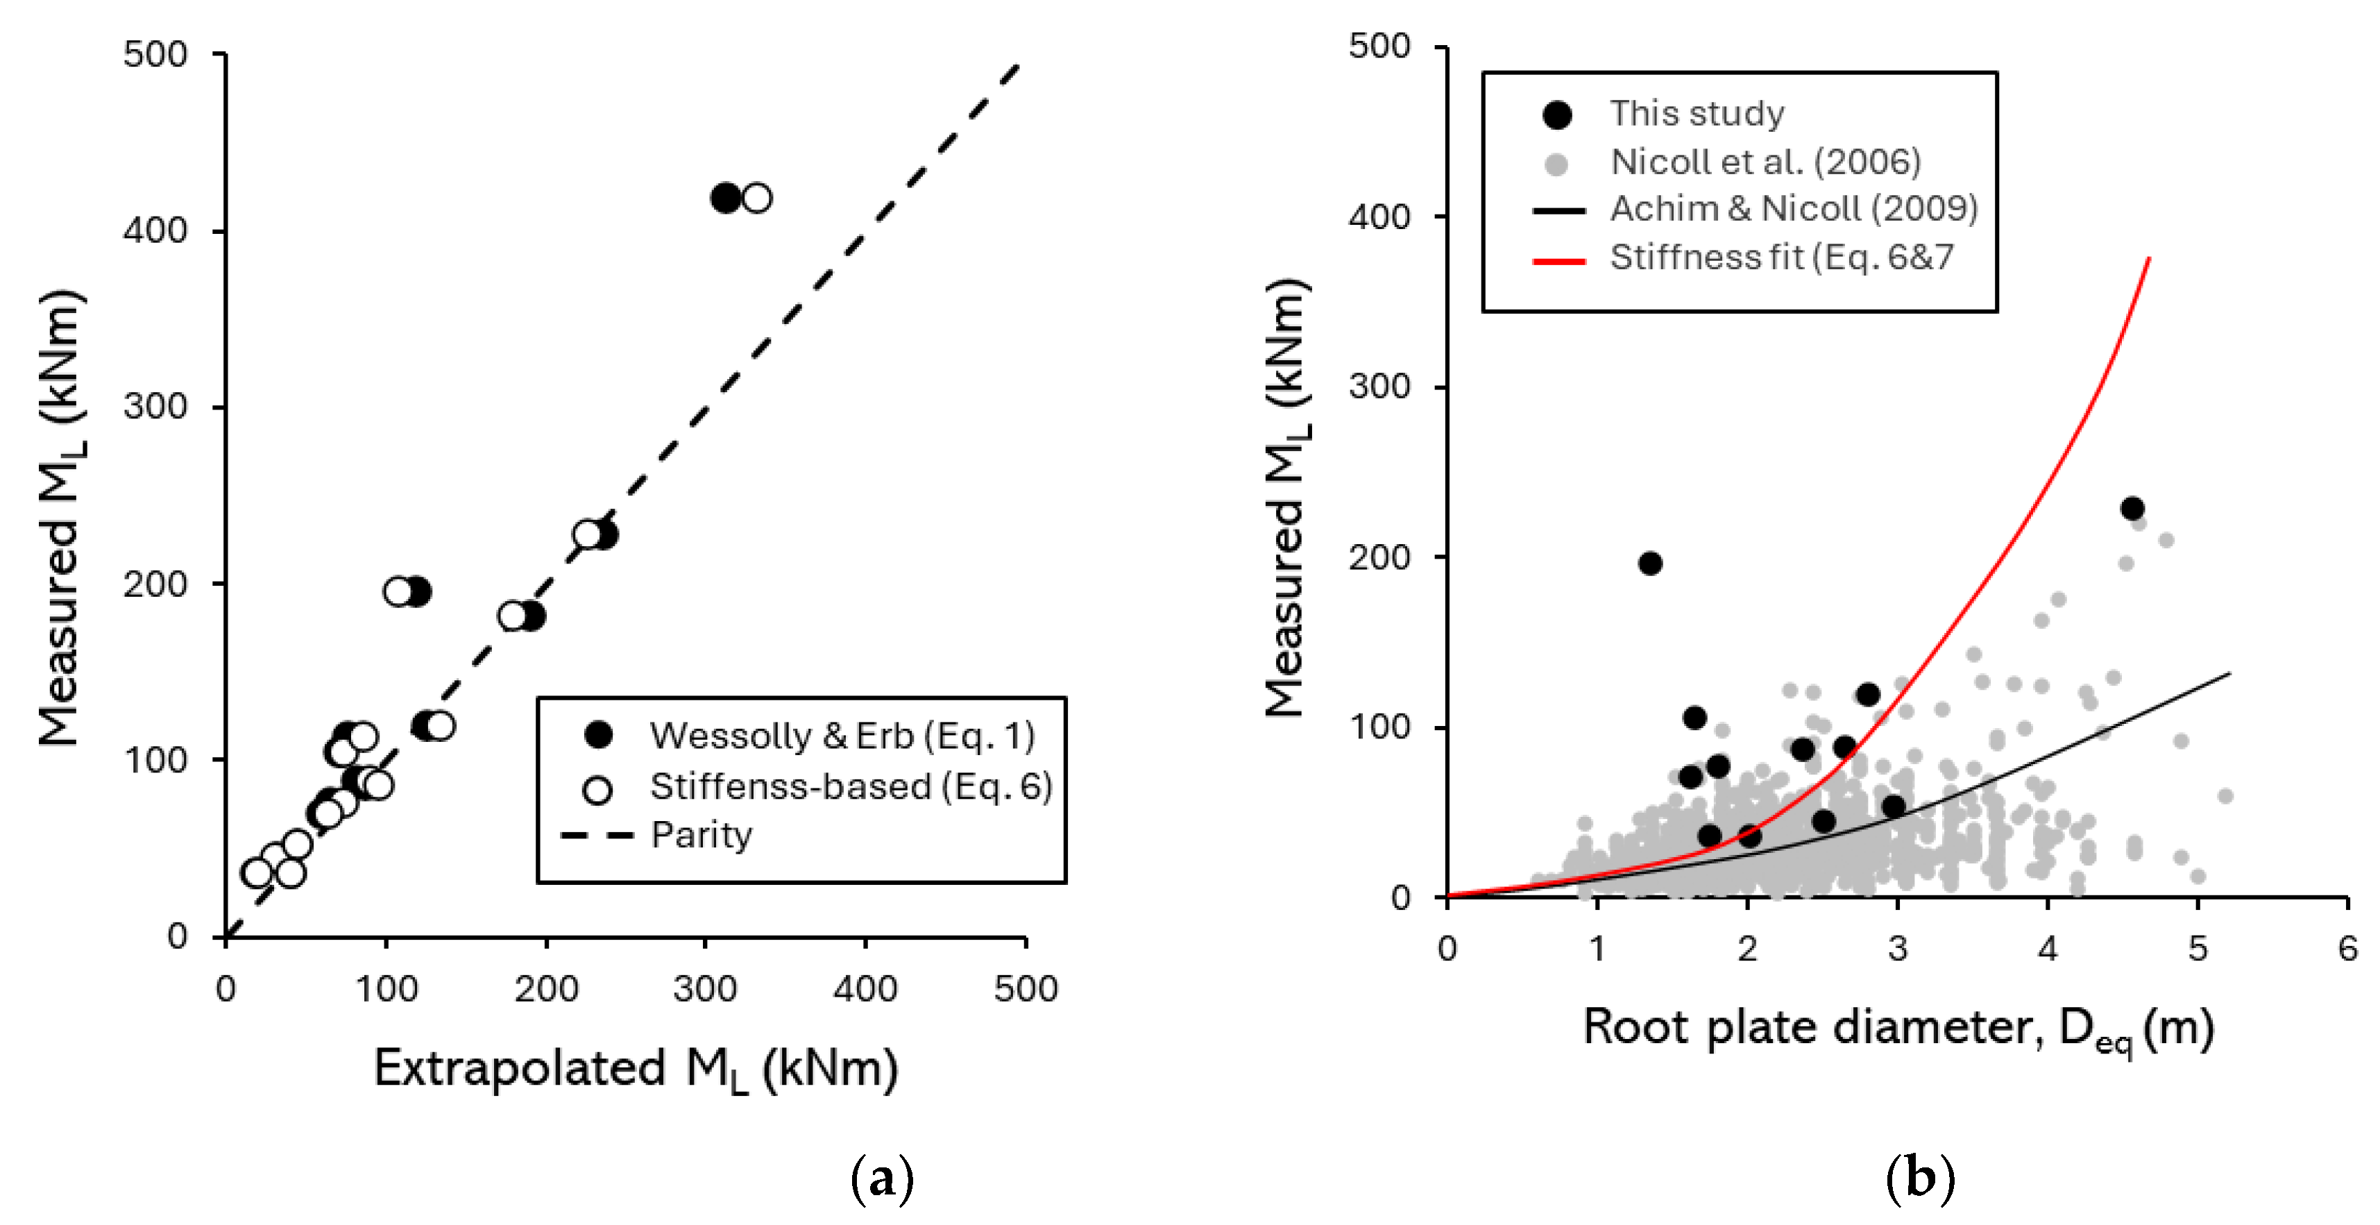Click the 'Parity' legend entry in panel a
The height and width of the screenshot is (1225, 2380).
(700, 834)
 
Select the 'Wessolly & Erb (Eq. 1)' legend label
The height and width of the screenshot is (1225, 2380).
(841, 736)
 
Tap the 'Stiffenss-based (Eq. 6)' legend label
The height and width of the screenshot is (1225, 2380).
(850, 786)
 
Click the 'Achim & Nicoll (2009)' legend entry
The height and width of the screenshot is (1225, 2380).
(1792, 209)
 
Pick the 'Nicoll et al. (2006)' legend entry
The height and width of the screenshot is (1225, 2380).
(1765, 162)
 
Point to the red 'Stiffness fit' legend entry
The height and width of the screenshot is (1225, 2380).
(1781, 257)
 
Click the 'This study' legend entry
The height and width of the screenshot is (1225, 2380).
(1697, 112)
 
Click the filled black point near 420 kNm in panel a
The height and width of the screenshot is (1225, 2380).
(725, 198)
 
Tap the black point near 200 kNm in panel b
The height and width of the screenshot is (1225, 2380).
(1650, 564)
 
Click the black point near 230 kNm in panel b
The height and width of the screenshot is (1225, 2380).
(2132, 508)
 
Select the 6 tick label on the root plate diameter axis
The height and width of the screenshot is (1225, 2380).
(2347, 948)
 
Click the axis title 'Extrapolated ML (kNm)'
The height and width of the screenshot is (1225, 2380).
(636, 1069)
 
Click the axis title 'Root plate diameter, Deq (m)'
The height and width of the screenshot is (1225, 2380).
(1898, 1027)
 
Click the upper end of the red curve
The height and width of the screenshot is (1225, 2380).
(2149, 260)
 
